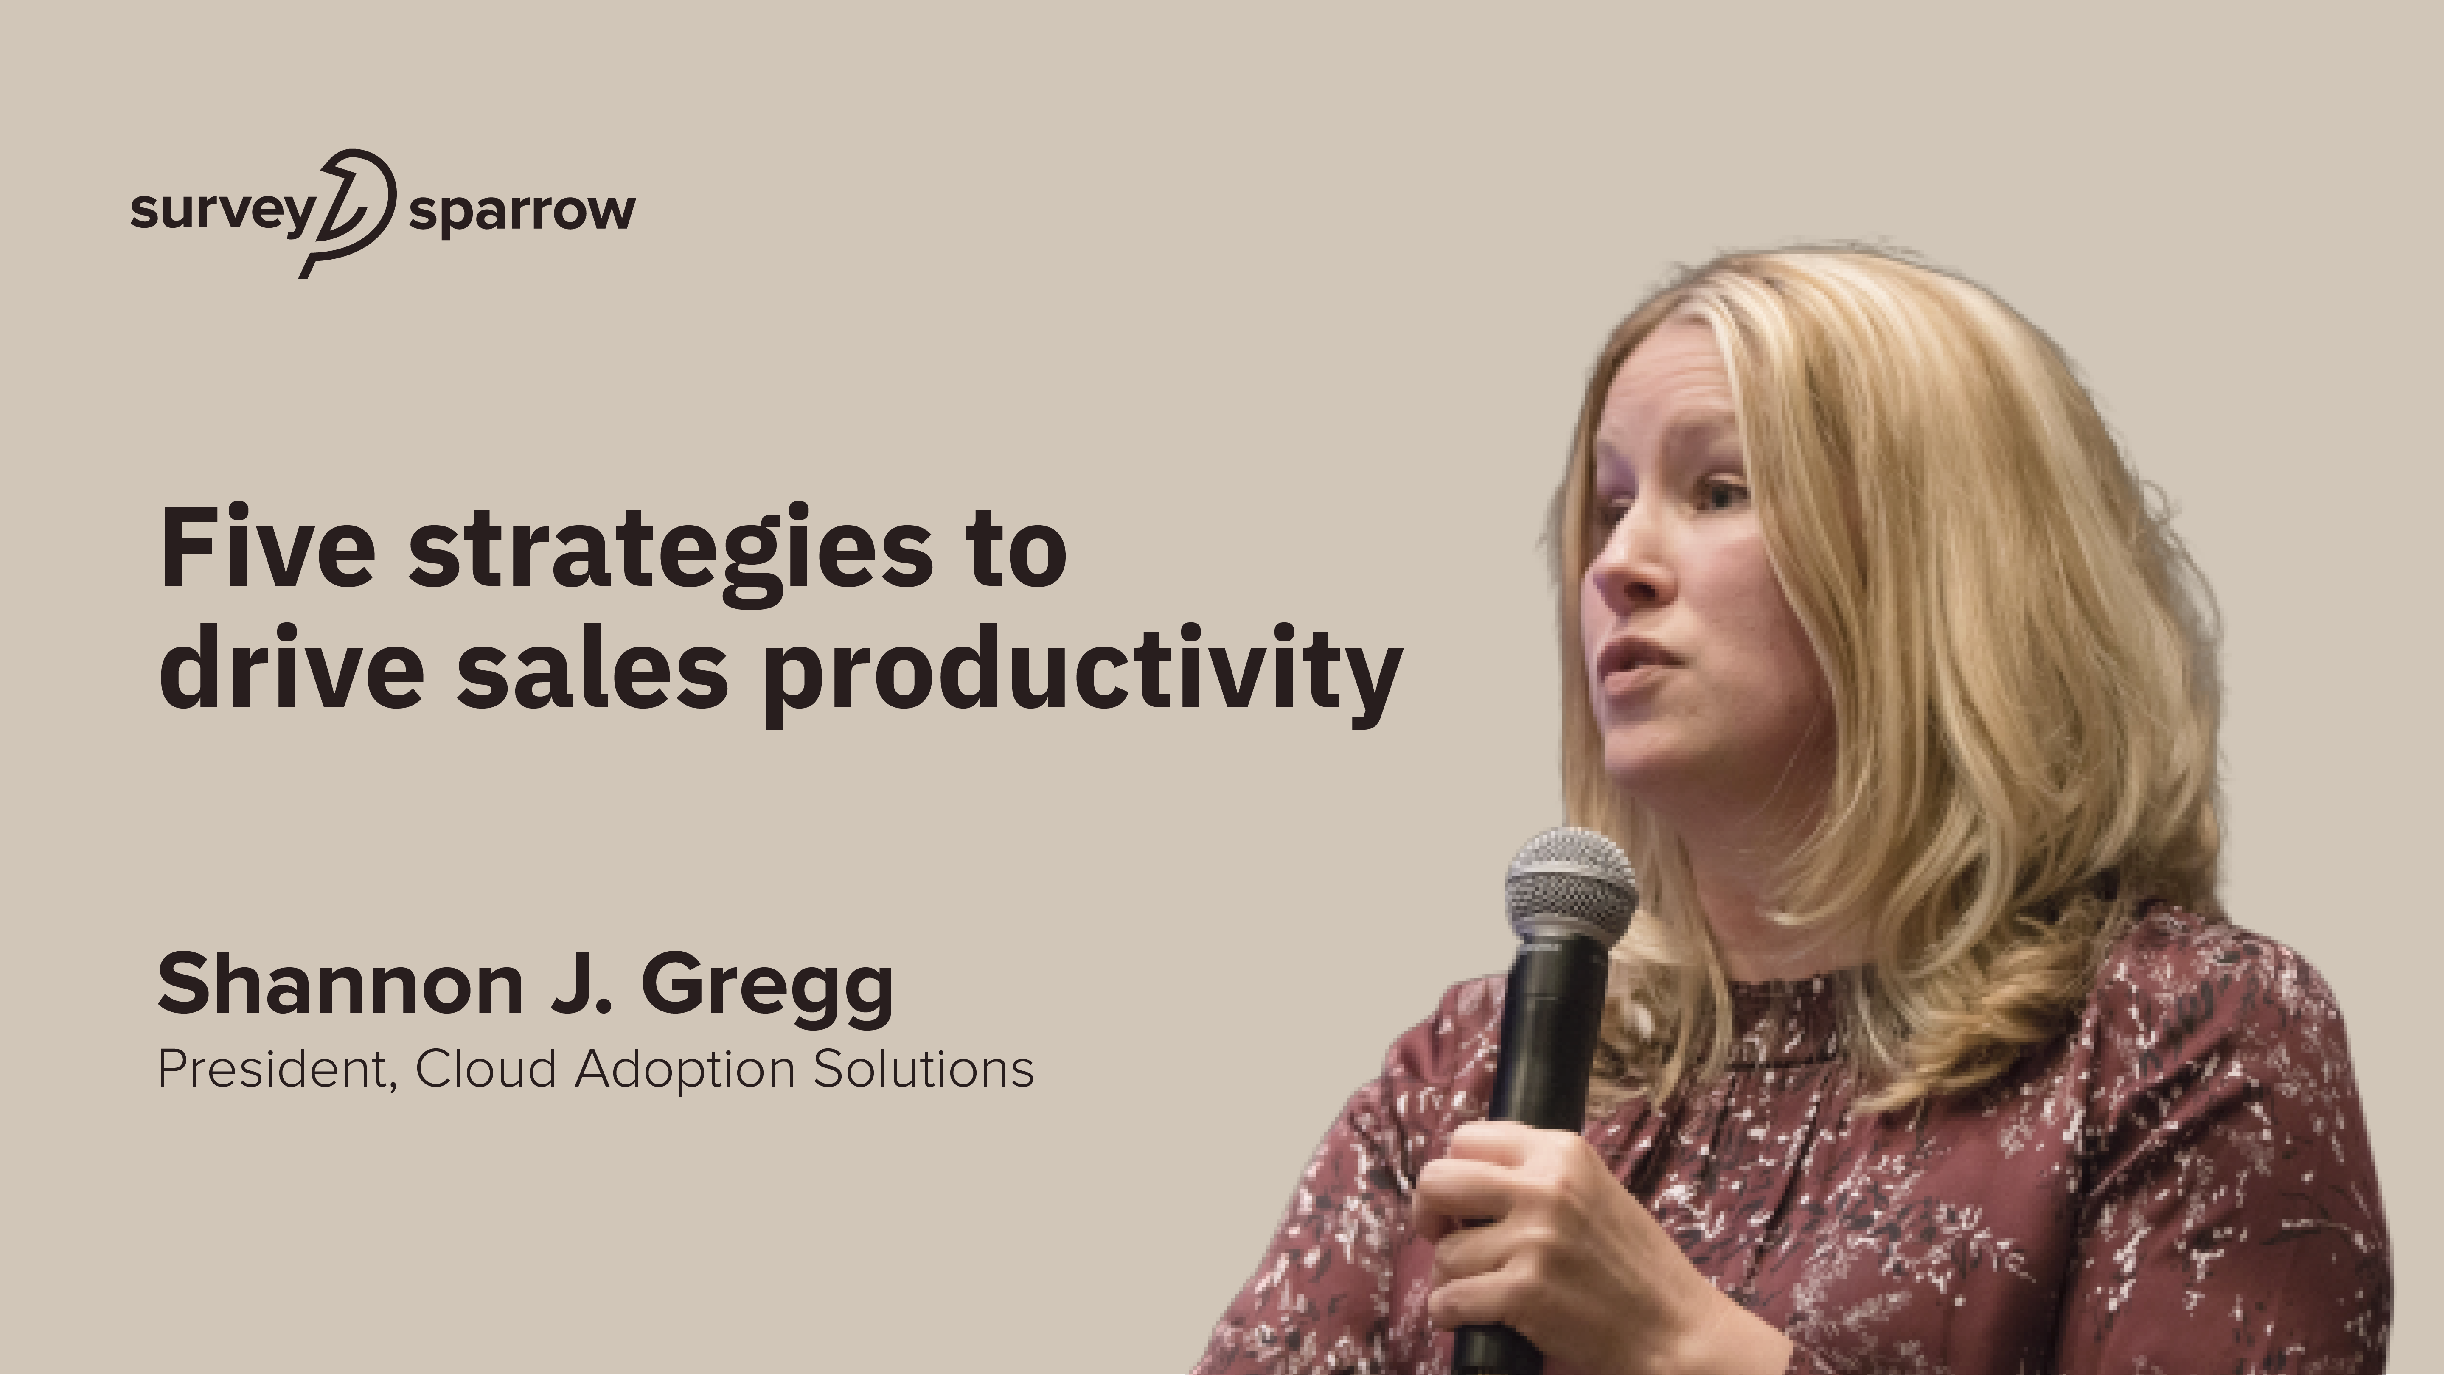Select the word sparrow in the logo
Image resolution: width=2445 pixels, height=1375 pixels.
[522, 213]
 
